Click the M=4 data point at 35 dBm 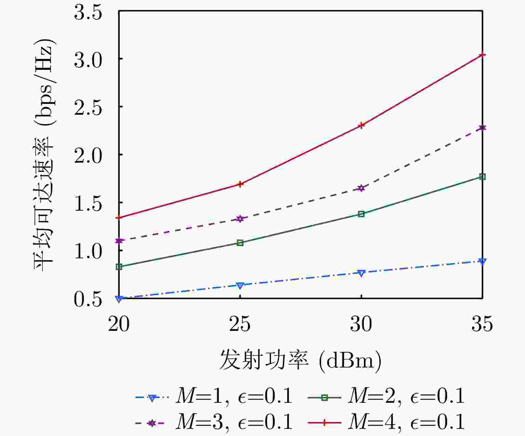(482, 55)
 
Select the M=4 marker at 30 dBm (361, 125)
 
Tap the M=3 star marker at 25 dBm (240, 219)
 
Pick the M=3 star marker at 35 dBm (482, 128)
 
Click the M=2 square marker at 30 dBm (361, 214)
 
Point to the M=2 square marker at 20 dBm (119, 266)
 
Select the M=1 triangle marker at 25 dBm (240, 285)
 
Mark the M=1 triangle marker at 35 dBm (482, 261)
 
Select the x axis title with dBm (300, 360)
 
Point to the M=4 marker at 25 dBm (240, 184)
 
